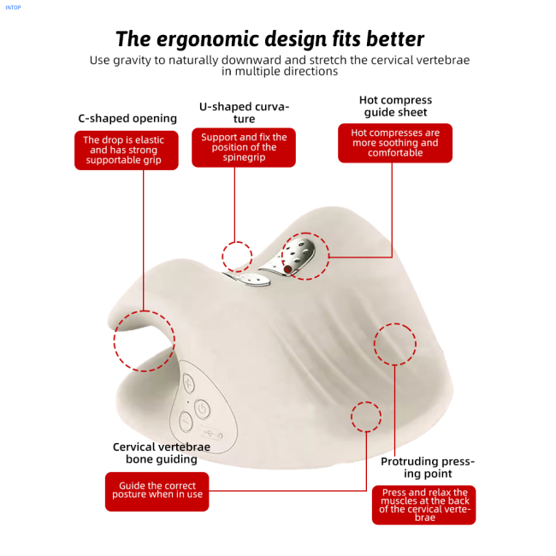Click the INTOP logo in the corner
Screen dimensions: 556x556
(13, 8)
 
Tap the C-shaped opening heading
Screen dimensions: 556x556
(127, 118)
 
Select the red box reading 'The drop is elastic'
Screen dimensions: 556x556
(127, 151)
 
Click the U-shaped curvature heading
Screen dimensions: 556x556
(244, 112)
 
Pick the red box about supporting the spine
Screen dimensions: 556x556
(244, 147)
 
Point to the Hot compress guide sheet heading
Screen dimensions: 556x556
(395, 106)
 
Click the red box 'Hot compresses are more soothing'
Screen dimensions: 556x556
(395, 143)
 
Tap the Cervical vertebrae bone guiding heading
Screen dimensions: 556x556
(162, 452)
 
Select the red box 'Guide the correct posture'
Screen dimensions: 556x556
(157, 492)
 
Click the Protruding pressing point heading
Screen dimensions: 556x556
(428, 467)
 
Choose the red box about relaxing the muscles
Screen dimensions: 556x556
(423, 505)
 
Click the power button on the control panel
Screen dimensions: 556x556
(202, 410)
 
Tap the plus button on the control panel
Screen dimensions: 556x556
(189, 383)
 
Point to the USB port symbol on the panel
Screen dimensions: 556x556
(210, 432)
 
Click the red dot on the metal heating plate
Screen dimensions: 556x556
(287, 269)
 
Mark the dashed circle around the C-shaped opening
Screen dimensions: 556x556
(115, 341)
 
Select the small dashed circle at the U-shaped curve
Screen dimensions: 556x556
(222, 256)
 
